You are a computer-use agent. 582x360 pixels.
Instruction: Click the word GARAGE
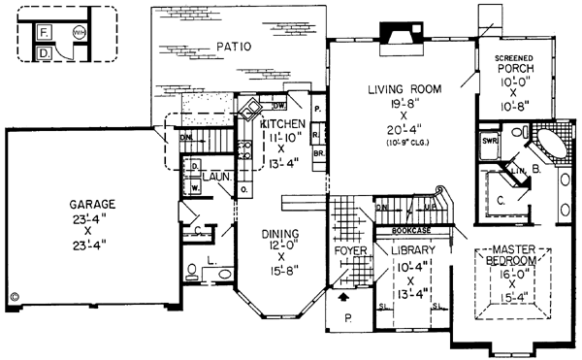[92, 205]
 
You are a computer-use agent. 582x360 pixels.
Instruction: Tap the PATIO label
[233, 45]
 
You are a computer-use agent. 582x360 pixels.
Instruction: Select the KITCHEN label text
[282, 124]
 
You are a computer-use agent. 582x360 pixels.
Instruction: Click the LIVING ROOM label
[404, 90]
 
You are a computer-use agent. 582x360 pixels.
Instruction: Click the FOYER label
[348, 249]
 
